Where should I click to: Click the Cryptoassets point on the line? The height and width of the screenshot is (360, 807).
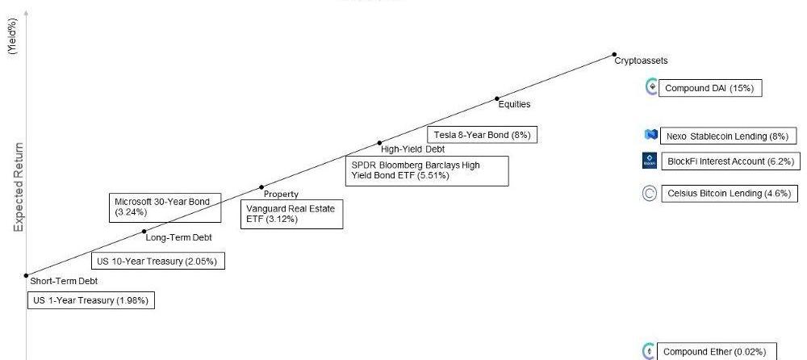click(614, 54)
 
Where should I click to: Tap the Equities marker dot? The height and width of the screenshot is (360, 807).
click(497, 98)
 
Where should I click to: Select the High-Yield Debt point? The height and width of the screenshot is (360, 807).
click(379, 143)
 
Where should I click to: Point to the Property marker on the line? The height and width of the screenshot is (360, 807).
click(261, 187)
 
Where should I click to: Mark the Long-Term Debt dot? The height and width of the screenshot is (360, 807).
click(144, 232)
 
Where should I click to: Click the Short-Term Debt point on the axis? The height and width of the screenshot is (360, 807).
click(27, 275)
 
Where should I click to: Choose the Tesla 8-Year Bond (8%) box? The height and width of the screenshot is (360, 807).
click(482, 135)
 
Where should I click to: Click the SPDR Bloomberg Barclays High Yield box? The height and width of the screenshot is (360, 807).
click(427, 170)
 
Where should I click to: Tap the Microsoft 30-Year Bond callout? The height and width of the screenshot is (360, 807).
click(164, 207)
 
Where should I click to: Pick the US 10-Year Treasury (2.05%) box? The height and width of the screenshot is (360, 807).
click(157, 261)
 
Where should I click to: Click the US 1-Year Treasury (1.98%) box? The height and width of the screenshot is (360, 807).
click(90, 300)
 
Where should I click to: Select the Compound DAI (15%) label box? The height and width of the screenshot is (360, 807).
click(709, 88)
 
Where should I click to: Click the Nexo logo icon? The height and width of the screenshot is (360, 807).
click(651, 136)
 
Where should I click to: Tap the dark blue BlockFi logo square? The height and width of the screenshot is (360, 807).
click(650, 161)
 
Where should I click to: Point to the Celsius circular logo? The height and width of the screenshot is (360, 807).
click(650, 194)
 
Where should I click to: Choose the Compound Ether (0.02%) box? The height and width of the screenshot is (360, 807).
click(709, 352)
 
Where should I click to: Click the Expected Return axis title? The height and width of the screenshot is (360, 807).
click(19, 187)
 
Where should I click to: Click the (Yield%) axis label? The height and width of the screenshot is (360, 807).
click(13, 36)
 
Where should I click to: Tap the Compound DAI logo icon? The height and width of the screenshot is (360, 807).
click(652, 87)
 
